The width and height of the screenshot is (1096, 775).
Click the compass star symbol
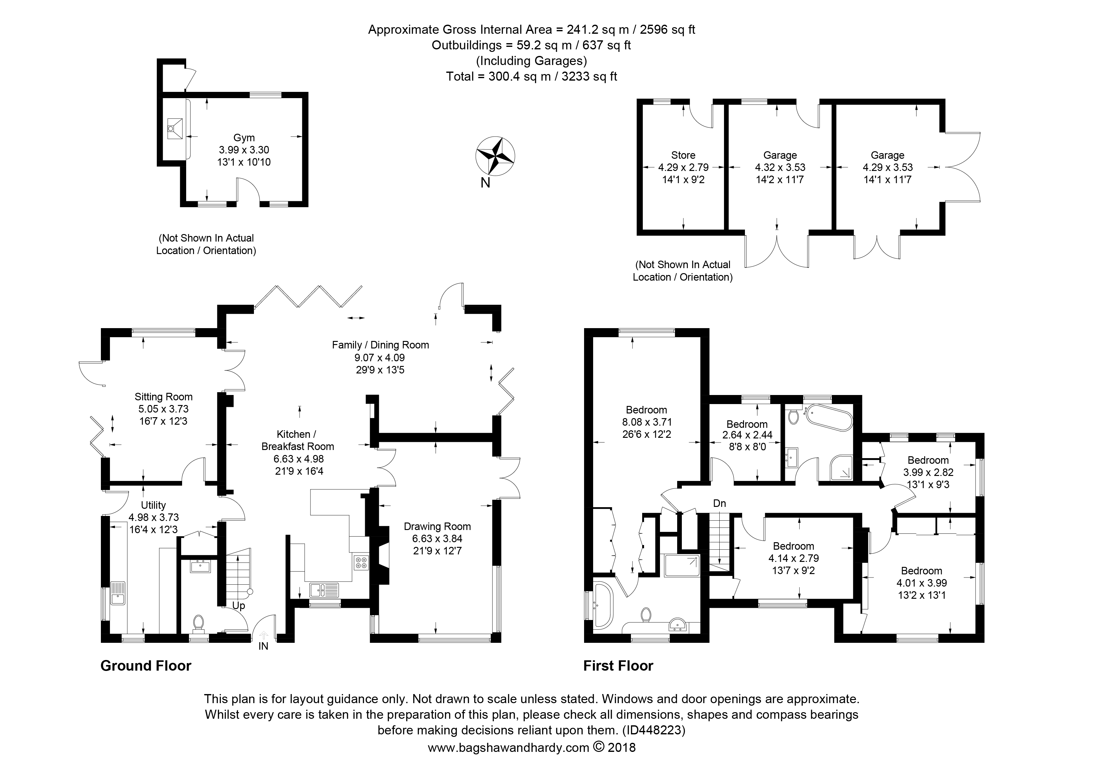tap(495, 156)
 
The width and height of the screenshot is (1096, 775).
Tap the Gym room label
tap(244, 137)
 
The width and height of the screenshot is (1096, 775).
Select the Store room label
tap(683, 155)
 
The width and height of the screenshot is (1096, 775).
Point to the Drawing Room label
tap(437, 526)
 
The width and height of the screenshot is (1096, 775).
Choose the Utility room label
tap(153, 505)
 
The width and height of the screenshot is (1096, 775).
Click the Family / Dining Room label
tap(380, 345)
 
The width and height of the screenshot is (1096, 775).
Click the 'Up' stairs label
tap(239, 606)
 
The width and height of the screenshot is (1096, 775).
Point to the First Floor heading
tap(618, 666)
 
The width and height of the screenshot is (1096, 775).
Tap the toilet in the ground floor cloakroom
tap(199, 623)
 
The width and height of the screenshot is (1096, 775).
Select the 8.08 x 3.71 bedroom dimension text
tap(646, 422)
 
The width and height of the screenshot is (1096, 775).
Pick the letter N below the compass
tap(485, 183)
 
